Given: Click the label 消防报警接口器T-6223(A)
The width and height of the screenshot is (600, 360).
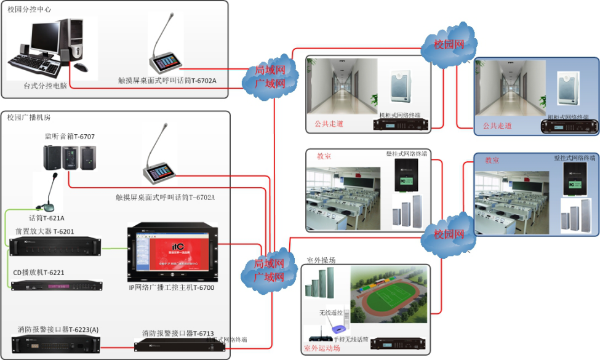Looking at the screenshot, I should (55, 330).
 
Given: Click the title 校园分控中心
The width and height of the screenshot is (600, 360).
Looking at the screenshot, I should (29, 9).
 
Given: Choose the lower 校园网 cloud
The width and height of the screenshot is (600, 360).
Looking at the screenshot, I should (449, 234).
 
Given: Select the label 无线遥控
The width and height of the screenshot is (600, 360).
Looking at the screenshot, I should (330, 313).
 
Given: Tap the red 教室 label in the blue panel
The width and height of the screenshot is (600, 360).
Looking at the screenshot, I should (492, 160).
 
